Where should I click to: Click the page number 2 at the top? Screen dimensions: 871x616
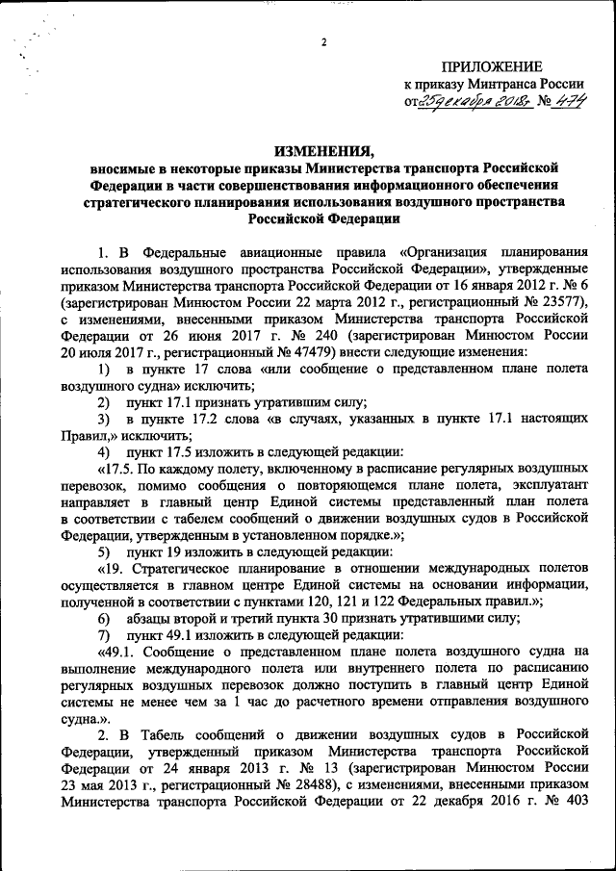pos(324,42)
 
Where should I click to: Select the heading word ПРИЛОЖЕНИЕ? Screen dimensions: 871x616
pos(491,65)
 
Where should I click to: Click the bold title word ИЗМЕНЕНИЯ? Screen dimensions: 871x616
pos(322,150)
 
